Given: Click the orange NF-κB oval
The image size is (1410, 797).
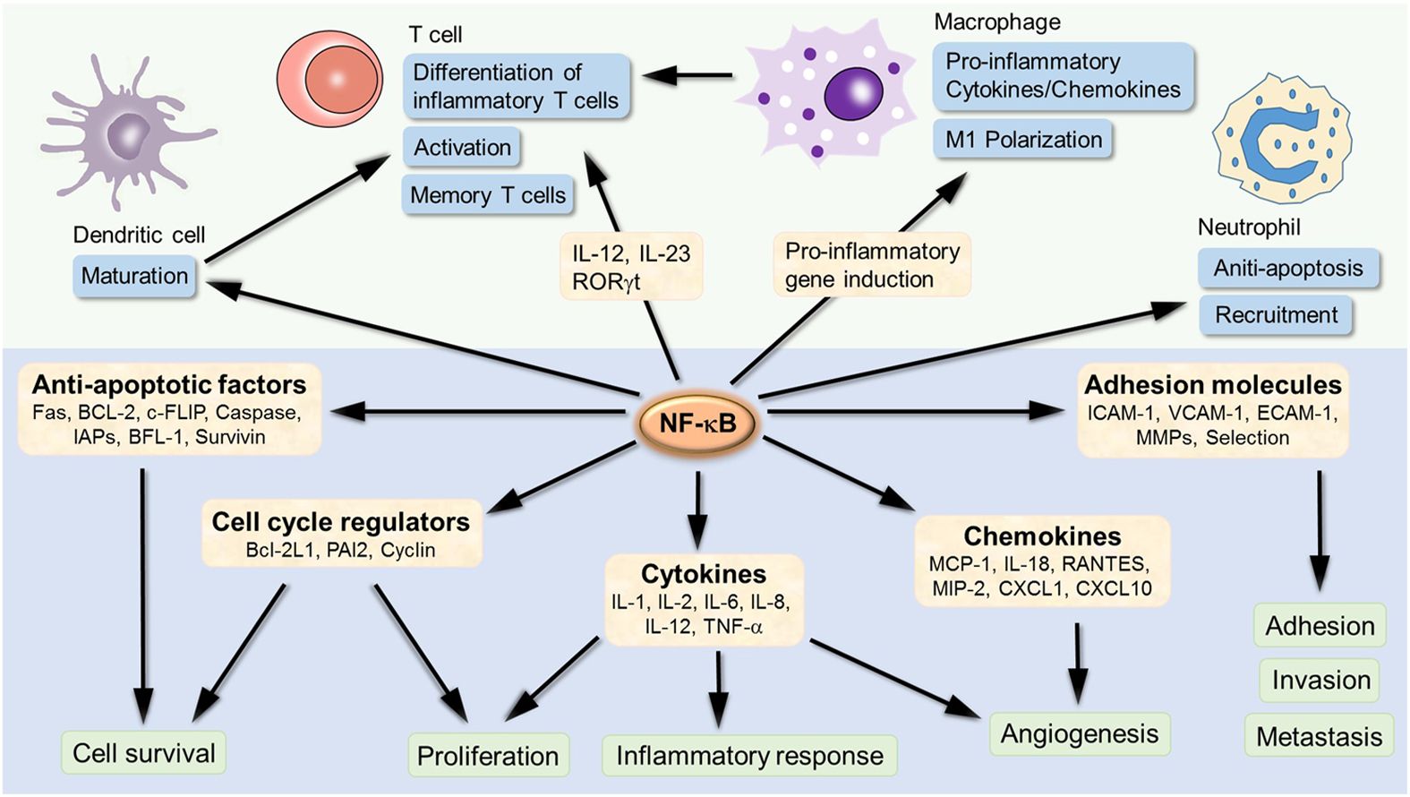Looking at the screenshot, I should pos(697,423).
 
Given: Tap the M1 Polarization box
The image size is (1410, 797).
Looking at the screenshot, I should pos(1023,140).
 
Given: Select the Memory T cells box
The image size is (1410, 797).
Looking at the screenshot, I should pos(488,195).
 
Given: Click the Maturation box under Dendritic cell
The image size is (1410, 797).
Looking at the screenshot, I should pos(134,276).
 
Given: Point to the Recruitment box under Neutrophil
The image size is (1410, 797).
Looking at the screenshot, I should pos(1276,315).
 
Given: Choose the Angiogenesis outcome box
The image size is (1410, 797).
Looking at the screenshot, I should pos(1079,734).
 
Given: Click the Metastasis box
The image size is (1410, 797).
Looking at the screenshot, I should pos(1319,737).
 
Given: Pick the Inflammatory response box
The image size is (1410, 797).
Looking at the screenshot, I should pos(749,756).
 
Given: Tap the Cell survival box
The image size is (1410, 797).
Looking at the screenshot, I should pos(143,753).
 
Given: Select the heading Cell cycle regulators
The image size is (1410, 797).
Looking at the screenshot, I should pos(340,522).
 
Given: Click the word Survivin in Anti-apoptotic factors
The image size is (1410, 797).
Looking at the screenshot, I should pos(230,437).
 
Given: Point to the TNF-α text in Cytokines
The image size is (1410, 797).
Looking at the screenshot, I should pos(732,626).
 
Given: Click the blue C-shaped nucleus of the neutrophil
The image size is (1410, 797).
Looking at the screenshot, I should pos(1275,143).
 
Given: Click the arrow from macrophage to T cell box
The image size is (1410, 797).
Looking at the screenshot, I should pos(688,76).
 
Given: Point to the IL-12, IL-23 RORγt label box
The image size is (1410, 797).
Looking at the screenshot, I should pos(631,267).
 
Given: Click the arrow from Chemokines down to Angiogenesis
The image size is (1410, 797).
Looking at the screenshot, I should pos(1078,662).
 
